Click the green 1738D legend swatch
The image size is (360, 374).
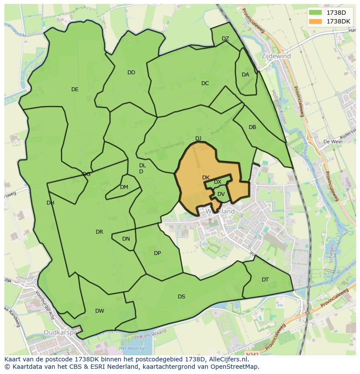[x=315, y=13]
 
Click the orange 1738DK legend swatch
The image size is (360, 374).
[x=315, y=21]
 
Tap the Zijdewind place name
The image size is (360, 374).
[x=276, y=56]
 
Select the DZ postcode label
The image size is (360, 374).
[x=225, y=39]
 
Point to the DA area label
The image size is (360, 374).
[x=245, y=75]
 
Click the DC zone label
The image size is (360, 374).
[x=205, y=83]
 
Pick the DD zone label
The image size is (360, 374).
[x=131, y=73]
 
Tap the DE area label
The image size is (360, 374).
[x=75, y=89]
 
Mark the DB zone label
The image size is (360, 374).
[x=252, y=127]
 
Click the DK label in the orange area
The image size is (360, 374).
[x=206, y=178]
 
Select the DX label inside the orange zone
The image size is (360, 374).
[x=218, y=182]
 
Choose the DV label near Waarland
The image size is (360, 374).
[x=221, y=194]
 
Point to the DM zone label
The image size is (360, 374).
[x=124, y=187]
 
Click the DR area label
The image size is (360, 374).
[x=99, y=232]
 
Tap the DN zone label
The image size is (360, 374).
[x=126, y=239]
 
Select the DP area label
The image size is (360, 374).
[x=157, y=253]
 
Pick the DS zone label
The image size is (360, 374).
[x=181, y=297]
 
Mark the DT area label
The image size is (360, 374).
[x=265, y=280]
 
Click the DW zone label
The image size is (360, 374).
[x=100, y=311]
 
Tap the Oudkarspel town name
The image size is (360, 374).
[x=61, y=333]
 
